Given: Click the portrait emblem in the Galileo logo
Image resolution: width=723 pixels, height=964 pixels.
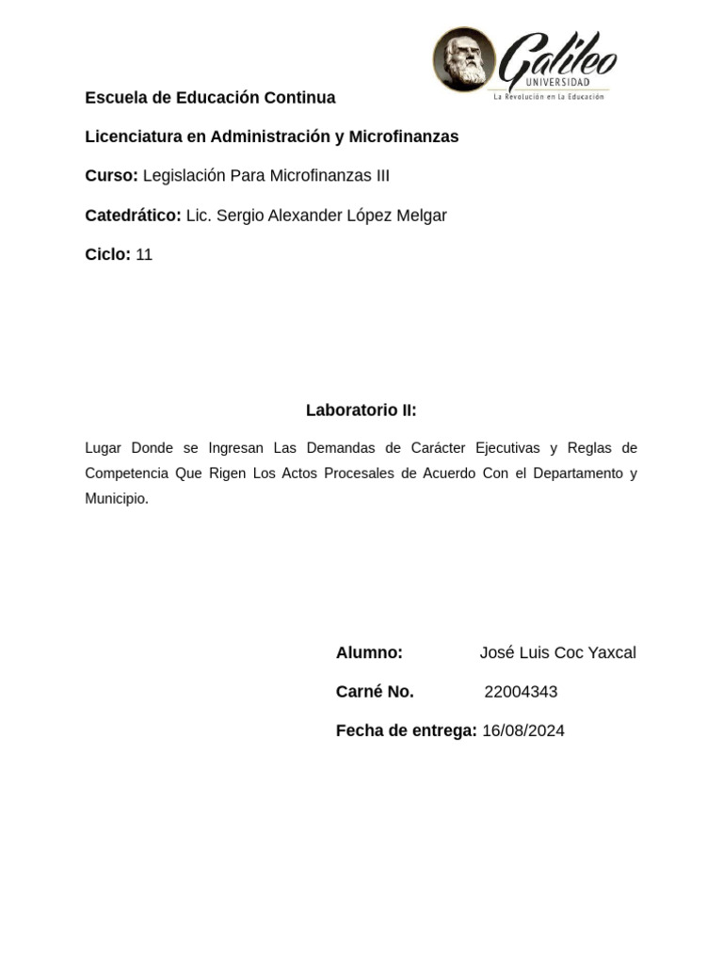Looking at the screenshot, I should tap(463, 59).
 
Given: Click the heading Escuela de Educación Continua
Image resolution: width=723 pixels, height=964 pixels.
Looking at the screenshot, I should tap(210, 98).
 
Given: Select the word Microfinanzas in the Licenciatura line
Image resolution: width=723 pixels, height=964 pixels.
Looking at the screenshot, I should tap(404, 137).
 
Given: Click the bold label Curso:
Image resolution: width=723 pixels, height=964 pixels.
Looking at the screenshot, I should tap(111, 176).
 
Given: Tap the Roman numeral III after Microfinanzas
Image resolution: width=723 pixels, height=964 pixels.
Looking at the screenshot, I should tap(379, 176).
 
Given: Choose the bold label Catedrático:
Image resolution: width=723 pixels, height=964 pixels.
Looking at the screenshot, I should tap(133, 216).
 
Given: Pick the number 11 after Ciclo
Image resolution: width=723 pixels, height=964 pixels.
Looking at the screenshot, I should tap(144, 255).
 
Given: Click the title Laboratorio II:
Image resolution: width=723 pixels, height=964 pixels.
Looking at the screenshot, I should tap(361, 410).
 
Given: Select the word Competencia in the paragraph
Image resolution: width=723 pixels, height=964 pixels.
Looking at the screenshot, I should tap(125, 473).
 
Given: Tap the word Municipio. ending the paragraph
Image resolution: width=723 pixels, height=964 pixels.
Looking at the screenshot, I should tap(117, 499).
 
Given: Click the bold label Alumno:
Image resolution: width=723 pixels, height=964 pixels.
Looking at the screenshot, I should tap(369, 653).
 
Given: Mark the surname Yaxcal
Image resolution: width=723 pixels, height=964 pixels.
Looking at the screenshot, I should tap(609, 653).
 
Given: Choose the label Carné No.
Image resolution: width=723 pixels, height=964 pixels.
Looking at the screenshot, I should tap(375, 692).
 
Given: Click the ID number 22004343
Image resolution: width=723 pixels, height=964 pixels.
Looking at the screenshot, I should tap(521, 692).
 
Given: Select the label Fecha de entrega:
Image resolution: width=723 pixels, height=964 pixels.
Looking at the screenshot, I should tap(406, 731).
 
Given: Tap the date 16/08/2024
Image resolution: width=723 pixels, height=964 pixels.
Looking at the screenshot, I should tap(523, 731).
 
